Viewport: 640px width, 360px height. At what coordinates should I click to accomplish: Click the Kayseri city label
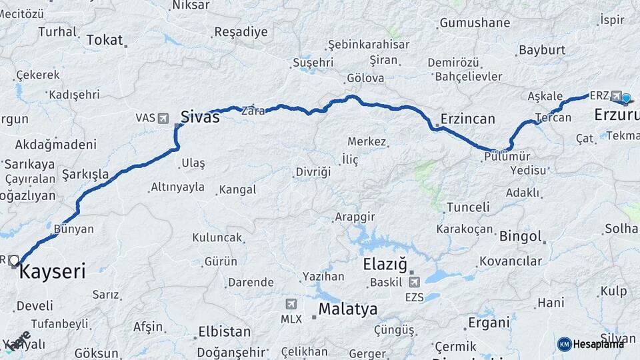53,272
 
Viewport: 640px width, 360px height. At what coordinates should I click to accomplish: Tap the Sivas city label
200,117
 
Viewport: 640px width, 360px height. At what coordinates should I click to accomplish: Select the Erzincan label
467,119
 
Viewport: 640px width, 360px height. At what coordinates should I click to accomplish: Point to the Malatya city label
347,309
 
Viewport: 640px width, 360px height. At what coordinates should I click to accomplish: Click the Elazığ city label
385,265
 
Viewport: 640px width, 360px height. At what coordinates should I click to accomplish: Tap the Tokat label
105,40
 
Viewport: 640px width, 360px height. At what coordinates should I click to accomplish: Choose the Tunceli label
468,207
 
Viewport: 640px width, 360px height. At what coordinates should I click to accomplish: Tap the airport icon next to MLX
291,304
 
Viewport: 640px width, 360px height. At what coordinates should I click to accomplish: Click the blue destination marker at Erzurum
626,99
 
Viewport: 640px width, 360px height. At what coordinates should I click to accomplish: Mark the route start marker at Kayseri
13,260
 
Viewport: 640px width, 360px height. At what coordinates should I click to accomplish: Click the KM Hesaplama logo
590,343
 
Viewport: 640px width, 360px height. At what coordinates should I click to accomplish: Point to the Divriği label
313,172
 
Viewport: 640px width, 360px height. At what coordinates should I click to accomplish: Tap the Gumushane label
474,23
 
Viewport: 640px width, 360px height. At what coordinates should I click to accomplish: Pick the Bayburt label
542,50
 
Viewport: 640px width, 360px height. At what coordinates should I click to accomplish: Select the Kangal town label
237,190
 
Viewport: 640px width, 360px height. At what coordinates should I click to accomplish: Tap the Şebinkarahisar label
369,45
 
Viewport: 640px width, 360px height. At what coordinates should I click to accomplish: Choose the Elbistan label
225,331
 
